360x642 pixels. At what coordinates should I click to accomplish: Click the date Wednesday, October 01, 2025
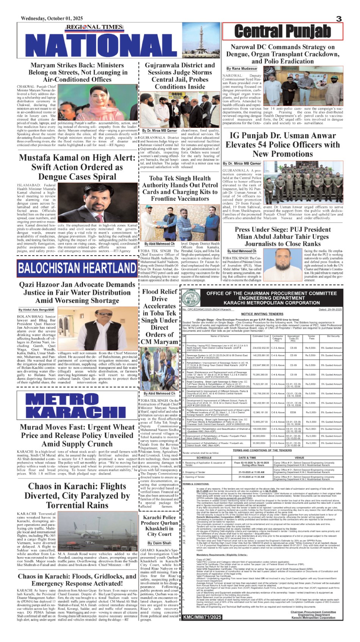[52, 19]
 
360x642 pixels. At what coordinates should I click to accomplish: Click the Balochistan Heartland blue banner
[77, 268]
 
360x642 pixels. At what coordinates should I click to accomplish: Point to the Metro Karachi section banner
[77, 406]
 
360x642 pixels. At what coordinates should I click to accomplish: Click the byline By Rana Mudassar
[242, 69]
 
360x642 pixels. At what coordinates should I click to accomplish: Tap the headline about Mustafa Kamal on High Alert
[77, 167]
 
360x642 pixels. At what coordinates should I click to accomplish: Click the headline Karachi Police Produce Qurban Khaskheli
[159, 526]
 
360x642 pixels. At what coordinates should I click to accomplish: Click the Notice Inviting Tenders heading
[262, 314]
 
